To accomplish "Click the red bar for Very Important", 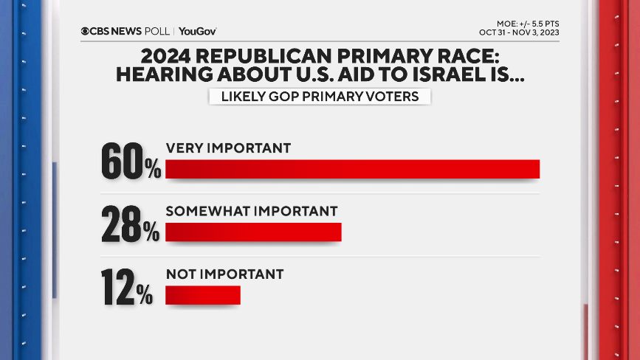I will coord(353,169).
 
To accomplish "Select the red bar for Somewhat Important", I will coord(253,232).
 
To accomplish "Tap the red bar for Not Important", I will coord(203,295).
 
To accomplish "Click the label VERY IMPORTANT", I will coord(228,148).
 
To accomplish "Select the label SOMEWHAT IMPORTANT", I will coord(252,211).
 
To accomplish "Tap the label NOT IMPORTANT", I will coord(224,274).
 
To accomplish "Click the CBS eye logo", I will coord(86,31).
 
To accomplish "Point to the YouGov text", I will coord(197,31).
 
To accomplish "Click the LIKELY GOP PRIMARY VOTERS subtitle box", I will coord(320,96).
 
